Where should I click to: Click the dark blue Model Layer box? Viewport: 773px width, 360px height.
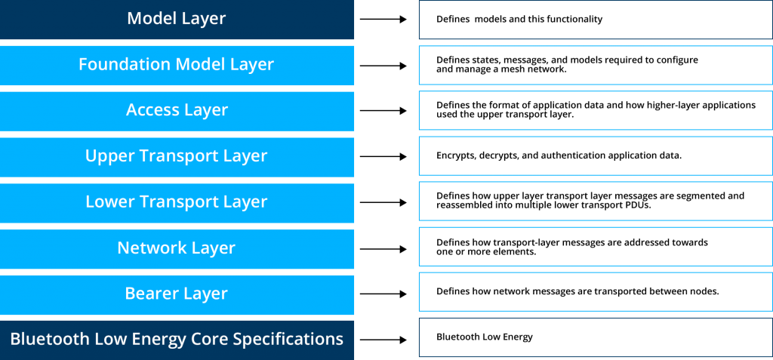177,19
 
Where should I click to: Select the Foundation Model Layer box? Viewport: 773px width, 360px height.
177,65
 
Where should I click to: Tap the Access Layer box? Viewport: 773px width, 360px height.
177,111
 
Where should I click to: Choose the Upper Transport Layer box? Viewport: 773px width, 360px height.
177,157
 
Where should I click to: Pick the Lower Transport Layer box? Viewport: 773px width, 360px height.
177,203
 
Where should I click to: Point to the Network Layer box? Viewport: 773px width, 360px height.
177,248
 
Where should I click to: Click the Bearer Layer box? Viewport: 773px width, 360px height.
177,294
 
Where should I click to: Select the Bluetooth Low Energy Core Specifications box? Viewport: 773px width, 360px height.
177,340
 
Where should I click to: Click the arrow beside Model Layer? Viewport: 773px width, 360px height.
383,19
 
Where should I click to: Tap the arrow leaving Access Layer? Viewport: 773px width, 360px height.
383,111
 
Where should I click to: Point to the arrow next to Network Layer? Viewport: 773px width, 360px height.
383,249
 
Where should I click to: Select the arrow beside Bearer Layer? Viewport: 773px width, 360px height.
383,294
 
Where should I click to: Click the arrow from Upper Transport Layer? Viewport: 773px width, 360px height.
383,157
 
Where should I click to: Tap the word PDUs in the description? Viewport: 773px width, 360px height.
640,205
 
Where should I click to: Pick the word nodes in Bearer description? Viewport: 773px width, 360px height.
707,291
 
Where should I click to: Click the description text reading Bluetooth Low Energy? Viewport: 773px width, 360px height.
485,337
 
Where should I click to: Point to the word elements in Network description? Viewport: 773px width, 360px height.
518,252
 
